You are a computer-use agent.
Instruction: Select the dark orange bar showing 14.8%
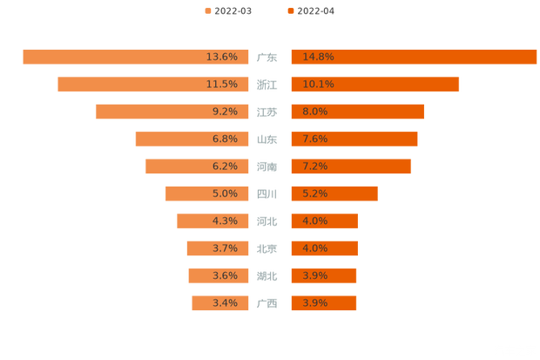[414, 57]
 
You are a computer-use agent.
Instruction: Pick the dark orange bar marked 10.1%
[375, 84]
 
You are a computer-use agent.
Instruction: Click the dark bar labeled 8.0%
[357, 112]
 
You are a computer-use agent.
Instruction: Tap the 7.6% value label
[314, 139]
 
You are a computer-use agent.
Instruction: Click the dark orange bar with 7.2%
[350, 166]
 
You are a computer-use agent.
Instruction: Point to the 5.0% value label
[225, 194]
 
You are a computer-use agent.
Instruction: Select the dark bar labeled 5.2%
[334, 194]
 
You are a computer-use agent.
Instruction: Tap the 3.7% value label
[225, 248]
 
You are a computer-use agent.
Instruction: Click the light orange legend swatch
[206, 11]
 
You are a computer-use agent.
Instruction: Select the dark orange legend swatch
[289, 11]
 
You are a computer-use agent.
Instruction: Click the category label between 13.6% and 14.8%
[267, 58]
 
